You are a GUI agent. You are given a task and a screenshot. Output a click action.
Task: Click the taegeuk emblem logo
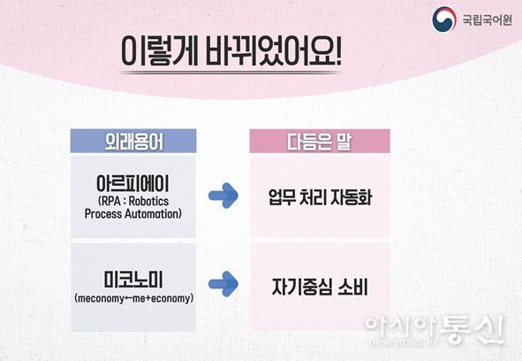[443, 19]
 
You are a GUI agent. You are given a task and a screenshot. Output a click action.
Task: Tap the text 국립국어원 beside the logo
[487, 19]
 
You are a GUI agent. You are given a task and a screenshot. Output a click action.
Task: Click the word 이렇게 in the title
[160, 51]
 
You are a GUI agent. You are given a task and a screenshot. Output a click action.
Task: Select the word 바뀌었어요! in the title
[273, 51]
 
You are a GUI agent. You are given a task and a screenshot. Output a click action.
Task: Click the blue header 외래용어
[133, 142]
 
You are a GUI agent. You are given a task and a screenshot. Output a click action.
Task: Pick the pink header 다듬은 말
[320, 142]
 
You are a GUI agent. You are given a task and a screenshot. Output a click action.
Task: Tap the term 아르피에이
[133, 183]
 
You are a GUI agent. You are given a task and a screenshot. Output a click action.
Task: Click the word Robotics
[148, 201]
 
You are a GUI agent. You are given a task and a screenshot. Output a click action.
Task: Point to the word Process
[102, 214]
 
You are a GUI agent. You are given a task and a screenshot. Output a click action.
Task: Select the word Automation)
[153, 214]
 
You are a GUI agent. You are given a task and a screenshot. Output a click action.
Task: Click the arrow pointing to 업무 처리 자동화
[223, 196]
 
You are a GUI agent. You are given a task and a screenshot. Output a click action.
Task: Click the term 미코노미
[133, 280]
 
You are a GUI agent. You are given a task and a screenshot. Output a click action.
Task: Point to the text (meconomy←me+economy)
[133, 298]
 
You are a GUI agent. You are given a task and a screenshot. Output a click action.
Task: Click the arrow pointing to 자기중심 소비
[223, 284]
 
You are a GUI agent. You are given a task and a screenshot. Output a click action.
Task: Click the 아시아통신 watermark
[435, 328]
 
